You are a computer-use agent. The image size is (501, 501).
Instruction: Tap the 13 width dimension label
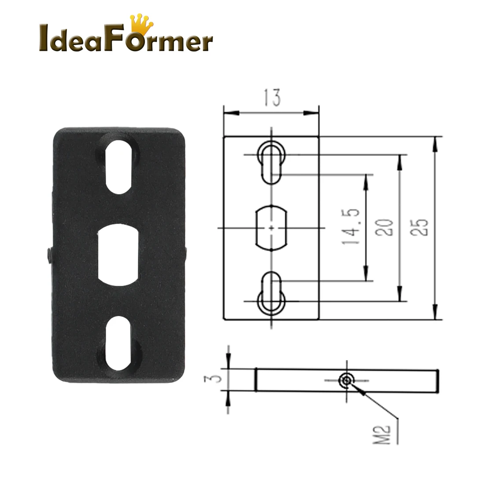[x=272, y=98]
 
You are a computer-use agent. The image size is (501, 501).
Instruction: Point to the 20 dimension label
[x=385, y=227]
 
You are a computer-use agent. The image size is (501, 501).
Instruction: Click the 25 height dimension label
[x=421, y=227]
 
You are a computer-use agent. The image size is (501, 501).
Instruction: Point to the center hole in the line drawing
[x=272, y=228]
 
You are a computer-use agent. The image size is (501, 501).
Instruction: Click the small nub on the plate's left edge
[x=49, y=255]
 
